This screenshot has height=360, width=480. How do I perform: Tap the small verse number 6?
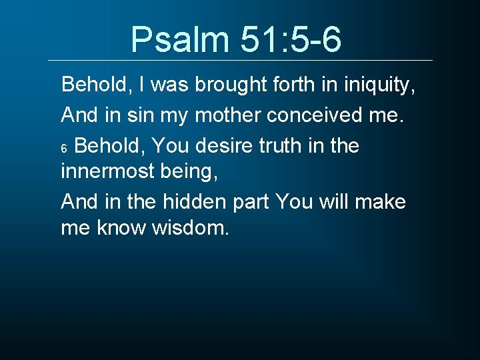(64, 149)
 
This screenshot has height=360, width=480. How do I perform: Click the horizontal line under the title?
(240, 61)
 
